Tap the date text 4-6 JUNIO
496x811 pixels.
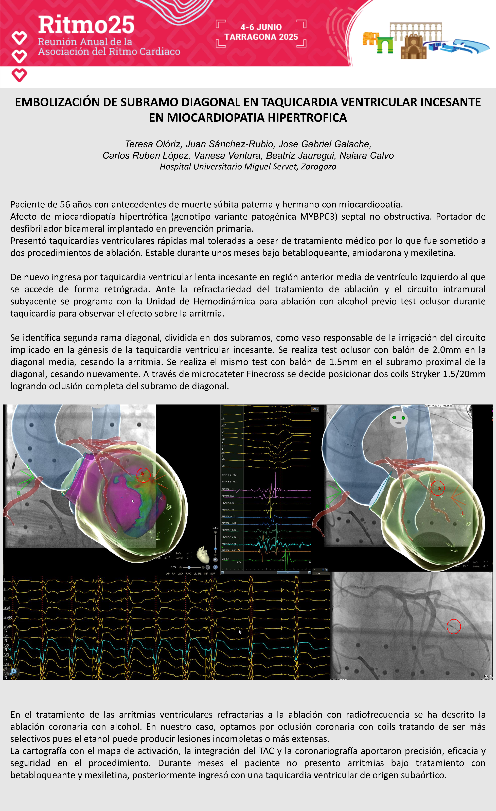point(261,27)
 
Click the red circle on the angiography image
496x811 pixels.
point(454,626)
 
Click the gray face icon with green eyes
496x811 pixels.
point(399,419)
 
